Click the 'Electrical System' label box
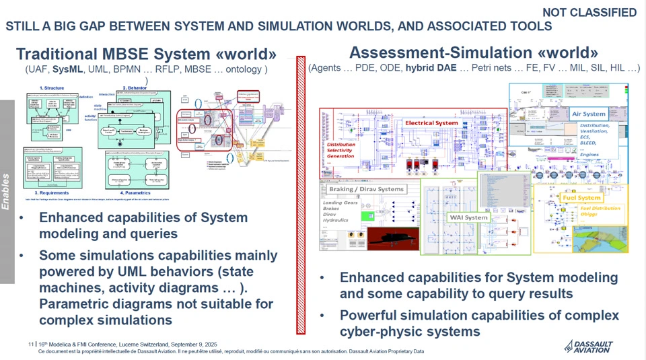coord(431,123)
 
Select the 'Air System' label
coord(589,114)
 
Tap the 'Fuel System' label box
coord(581,198)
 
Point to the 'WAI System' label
coord(468,217)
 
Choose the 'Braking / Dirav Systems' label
coord(366,189)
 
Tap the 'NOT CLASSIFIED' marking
coord(589,12)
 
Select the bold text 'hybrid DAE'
coord(431,68)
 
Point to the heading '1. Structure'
coord(52,88)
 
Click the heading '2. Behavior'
coord(135,88)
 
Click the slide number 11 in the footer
coord(31,344)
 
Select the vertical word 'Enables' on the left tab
coord(6,191)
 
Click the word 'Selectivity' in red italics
coord(339,150)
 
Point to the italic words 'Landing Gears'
coord(340,203)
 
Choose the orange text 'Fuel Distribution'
coord(600,208)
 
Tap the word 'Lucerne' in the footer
coord(135,344)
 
